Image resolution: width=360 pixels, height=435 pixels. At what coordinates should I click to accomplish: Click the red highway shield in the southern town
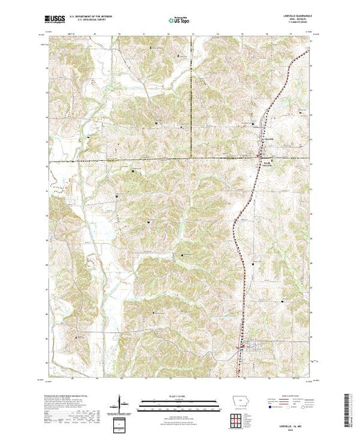[242, 346]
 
